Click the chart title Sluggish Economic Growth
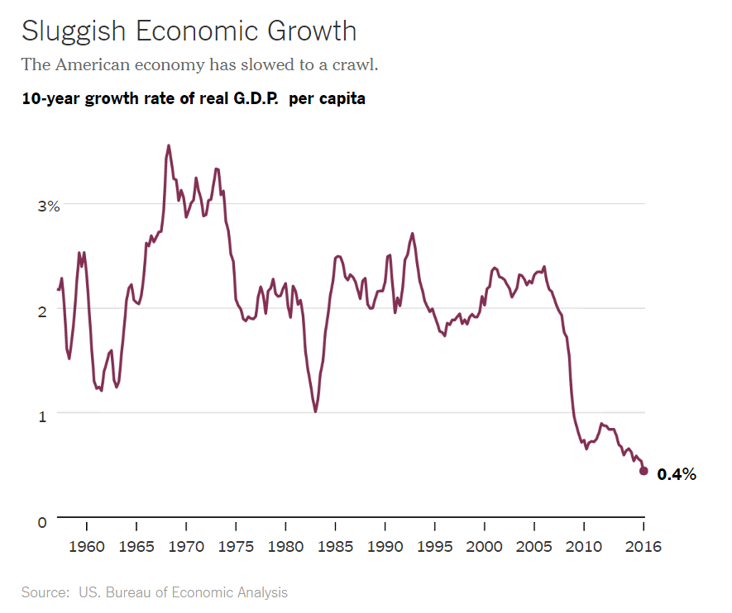tap(189, 31)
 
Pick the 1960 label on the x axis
tap(87, 546)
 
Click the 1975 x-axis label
tap(236, 546)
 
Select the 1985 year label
tap(335, 546)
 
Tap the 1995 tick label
tap(434, 546)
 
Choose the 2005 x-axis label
tap(534, 546)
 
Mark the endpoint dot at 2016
tap(643, 471)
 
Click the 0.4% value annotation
tap(676, 474)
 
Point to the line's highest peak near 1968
tap(169, 145)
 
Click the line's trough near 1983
tap(315, 411)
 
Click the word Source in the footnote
tap(45, 592)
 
